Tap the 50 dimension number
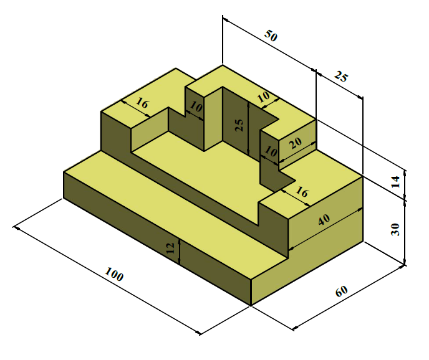click(x=271, y=36)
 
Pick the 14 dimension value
click(x=395, y=182)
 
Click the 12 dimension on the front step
click(x=170, y=248)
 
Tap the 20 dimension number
click(x=296, y=143)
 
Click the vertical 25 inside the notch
click(x=239, y=126)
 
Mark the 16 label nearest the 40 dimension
click(x=302, y=192)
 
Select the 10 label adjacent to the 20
click(x=271, y=151)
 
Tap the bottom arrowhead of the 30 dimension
click(x=405, y=262)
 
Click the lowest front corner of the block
click(x=251, y=305)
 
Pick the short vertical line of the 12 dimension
click(x=180, y=252)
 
